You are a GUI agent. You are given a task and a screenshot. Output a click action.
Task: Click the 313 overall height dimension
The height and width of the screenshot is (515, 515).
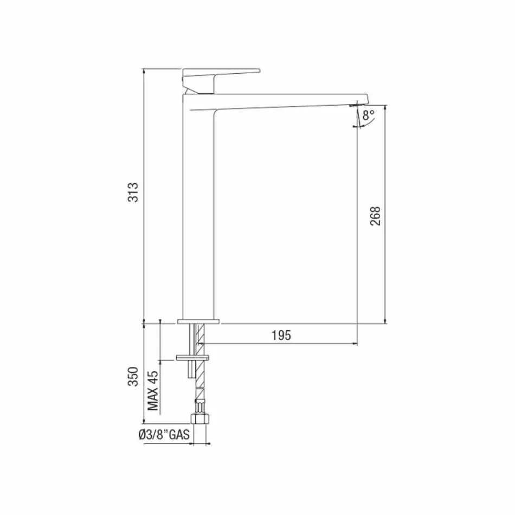point(134,192)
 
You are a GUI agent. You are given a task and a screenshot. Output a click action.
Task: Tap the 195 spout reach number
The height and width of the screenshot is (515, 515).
point(281,336)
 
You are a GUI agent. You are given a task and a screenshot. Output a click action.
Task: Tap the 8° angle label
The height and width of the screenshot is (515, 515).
point(369,115)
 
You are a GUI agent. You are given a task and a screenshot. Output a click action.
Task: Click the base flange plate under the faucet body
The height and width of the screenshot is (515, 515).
point(199,322)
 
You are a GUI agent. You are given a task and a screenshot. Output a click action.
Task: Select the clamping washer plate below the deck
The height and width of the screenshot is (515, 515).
point(193,358)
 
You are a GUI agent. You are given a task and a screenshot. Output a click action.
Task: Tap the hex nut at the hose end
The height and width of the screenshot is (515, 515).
point(200,419)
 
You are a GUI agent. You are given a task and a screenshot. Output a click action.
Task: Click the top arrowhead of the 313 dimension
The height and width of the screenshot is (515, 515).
point(144,71)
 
